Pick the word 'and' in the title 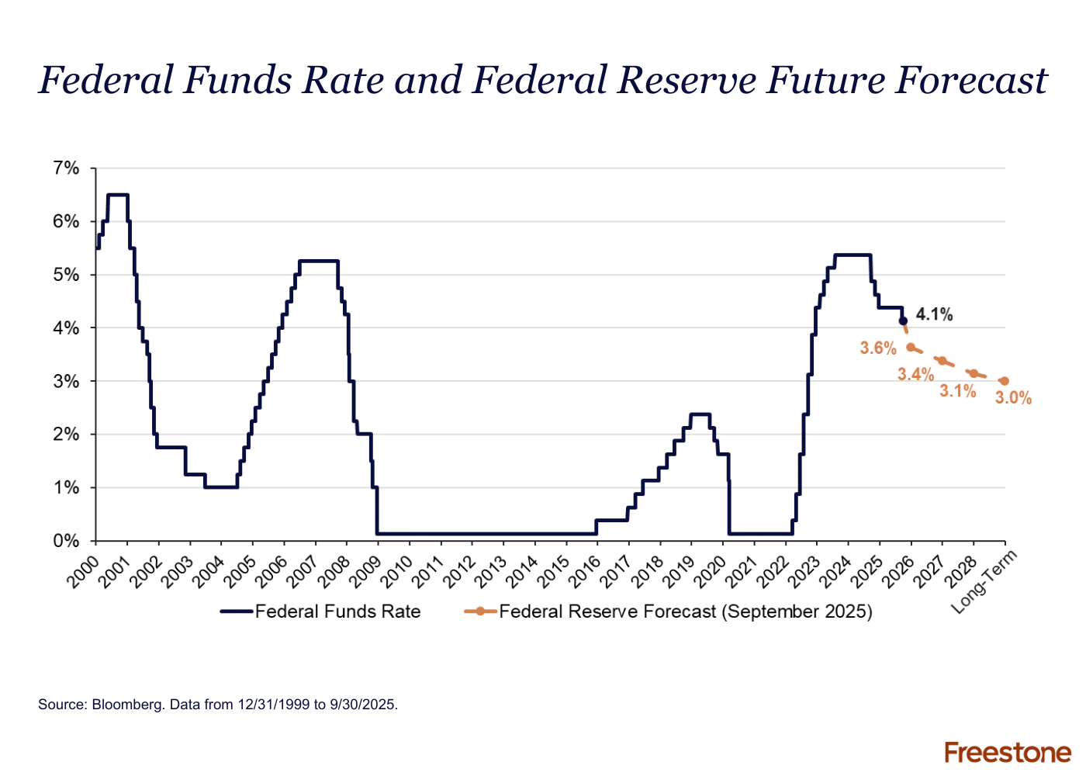[426, 81]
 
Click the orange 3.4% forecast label [915, 374]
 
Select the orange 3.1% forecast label [958, 390]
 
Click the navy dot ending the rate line [903, 321]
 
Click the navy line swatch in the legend [236, 611]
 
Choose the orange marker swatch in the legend [478, 611]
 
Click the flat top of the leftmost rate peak [118, 194]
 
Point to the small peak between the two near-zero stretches [700, 413]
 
